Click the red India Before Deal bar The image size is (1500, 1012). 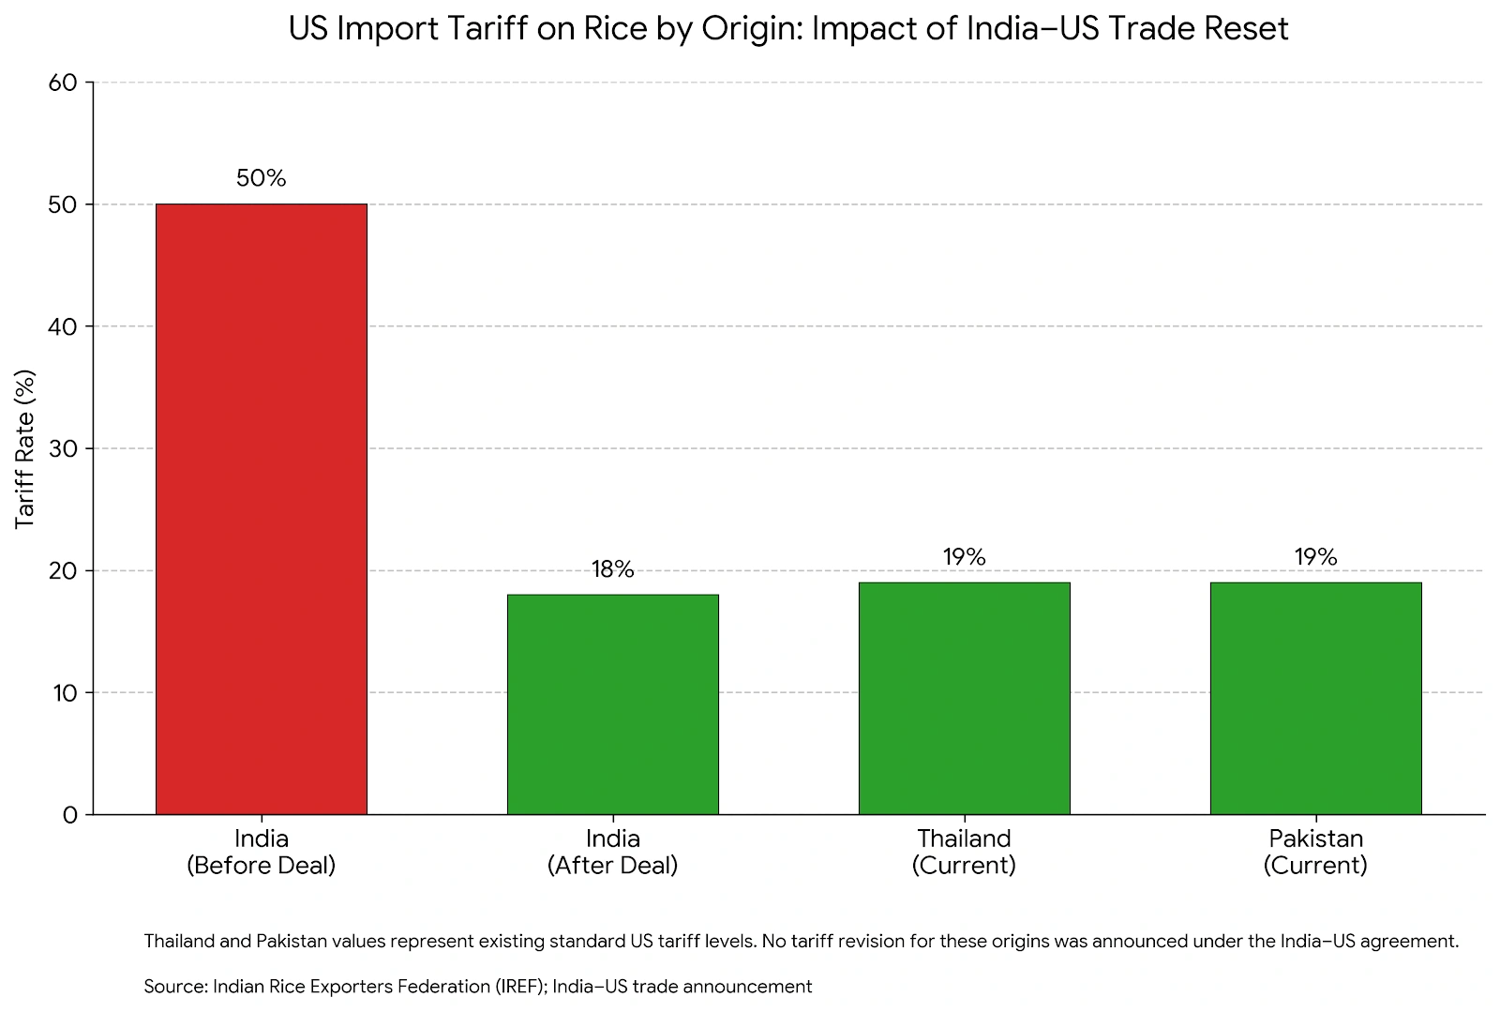click(261, 509)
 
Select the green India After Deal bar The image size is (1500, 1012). click(612, 704)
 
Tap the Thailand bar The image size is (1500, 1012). click(964, 699)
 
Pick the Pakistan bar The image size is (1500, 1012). click(1315, 699)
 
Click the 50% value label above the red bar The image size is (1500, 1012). click(261, 178)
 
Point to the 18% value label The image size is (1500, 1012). click(612, 569)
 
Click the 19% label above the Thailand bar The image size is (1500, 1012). click(964, 557)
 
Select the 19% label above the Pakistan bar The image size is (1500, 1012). click(1315, 557)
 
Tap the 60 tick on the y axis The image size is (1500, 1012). click(63, 83)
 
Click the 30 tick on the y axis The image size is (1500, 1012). click(63, 448)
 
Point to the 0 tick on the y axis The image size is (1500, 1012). click(70, 815)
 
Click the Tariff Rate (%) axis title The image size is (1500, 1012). click(25, 448)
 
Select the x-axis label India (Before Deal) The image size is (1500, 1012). click(261, 852)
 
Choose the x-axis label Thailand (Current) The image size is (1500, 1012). click(964, 852)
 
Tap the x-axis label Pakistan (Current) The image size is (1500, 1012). click(1315, 852)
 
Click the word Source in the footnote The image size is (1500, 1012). click(174, 987)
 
